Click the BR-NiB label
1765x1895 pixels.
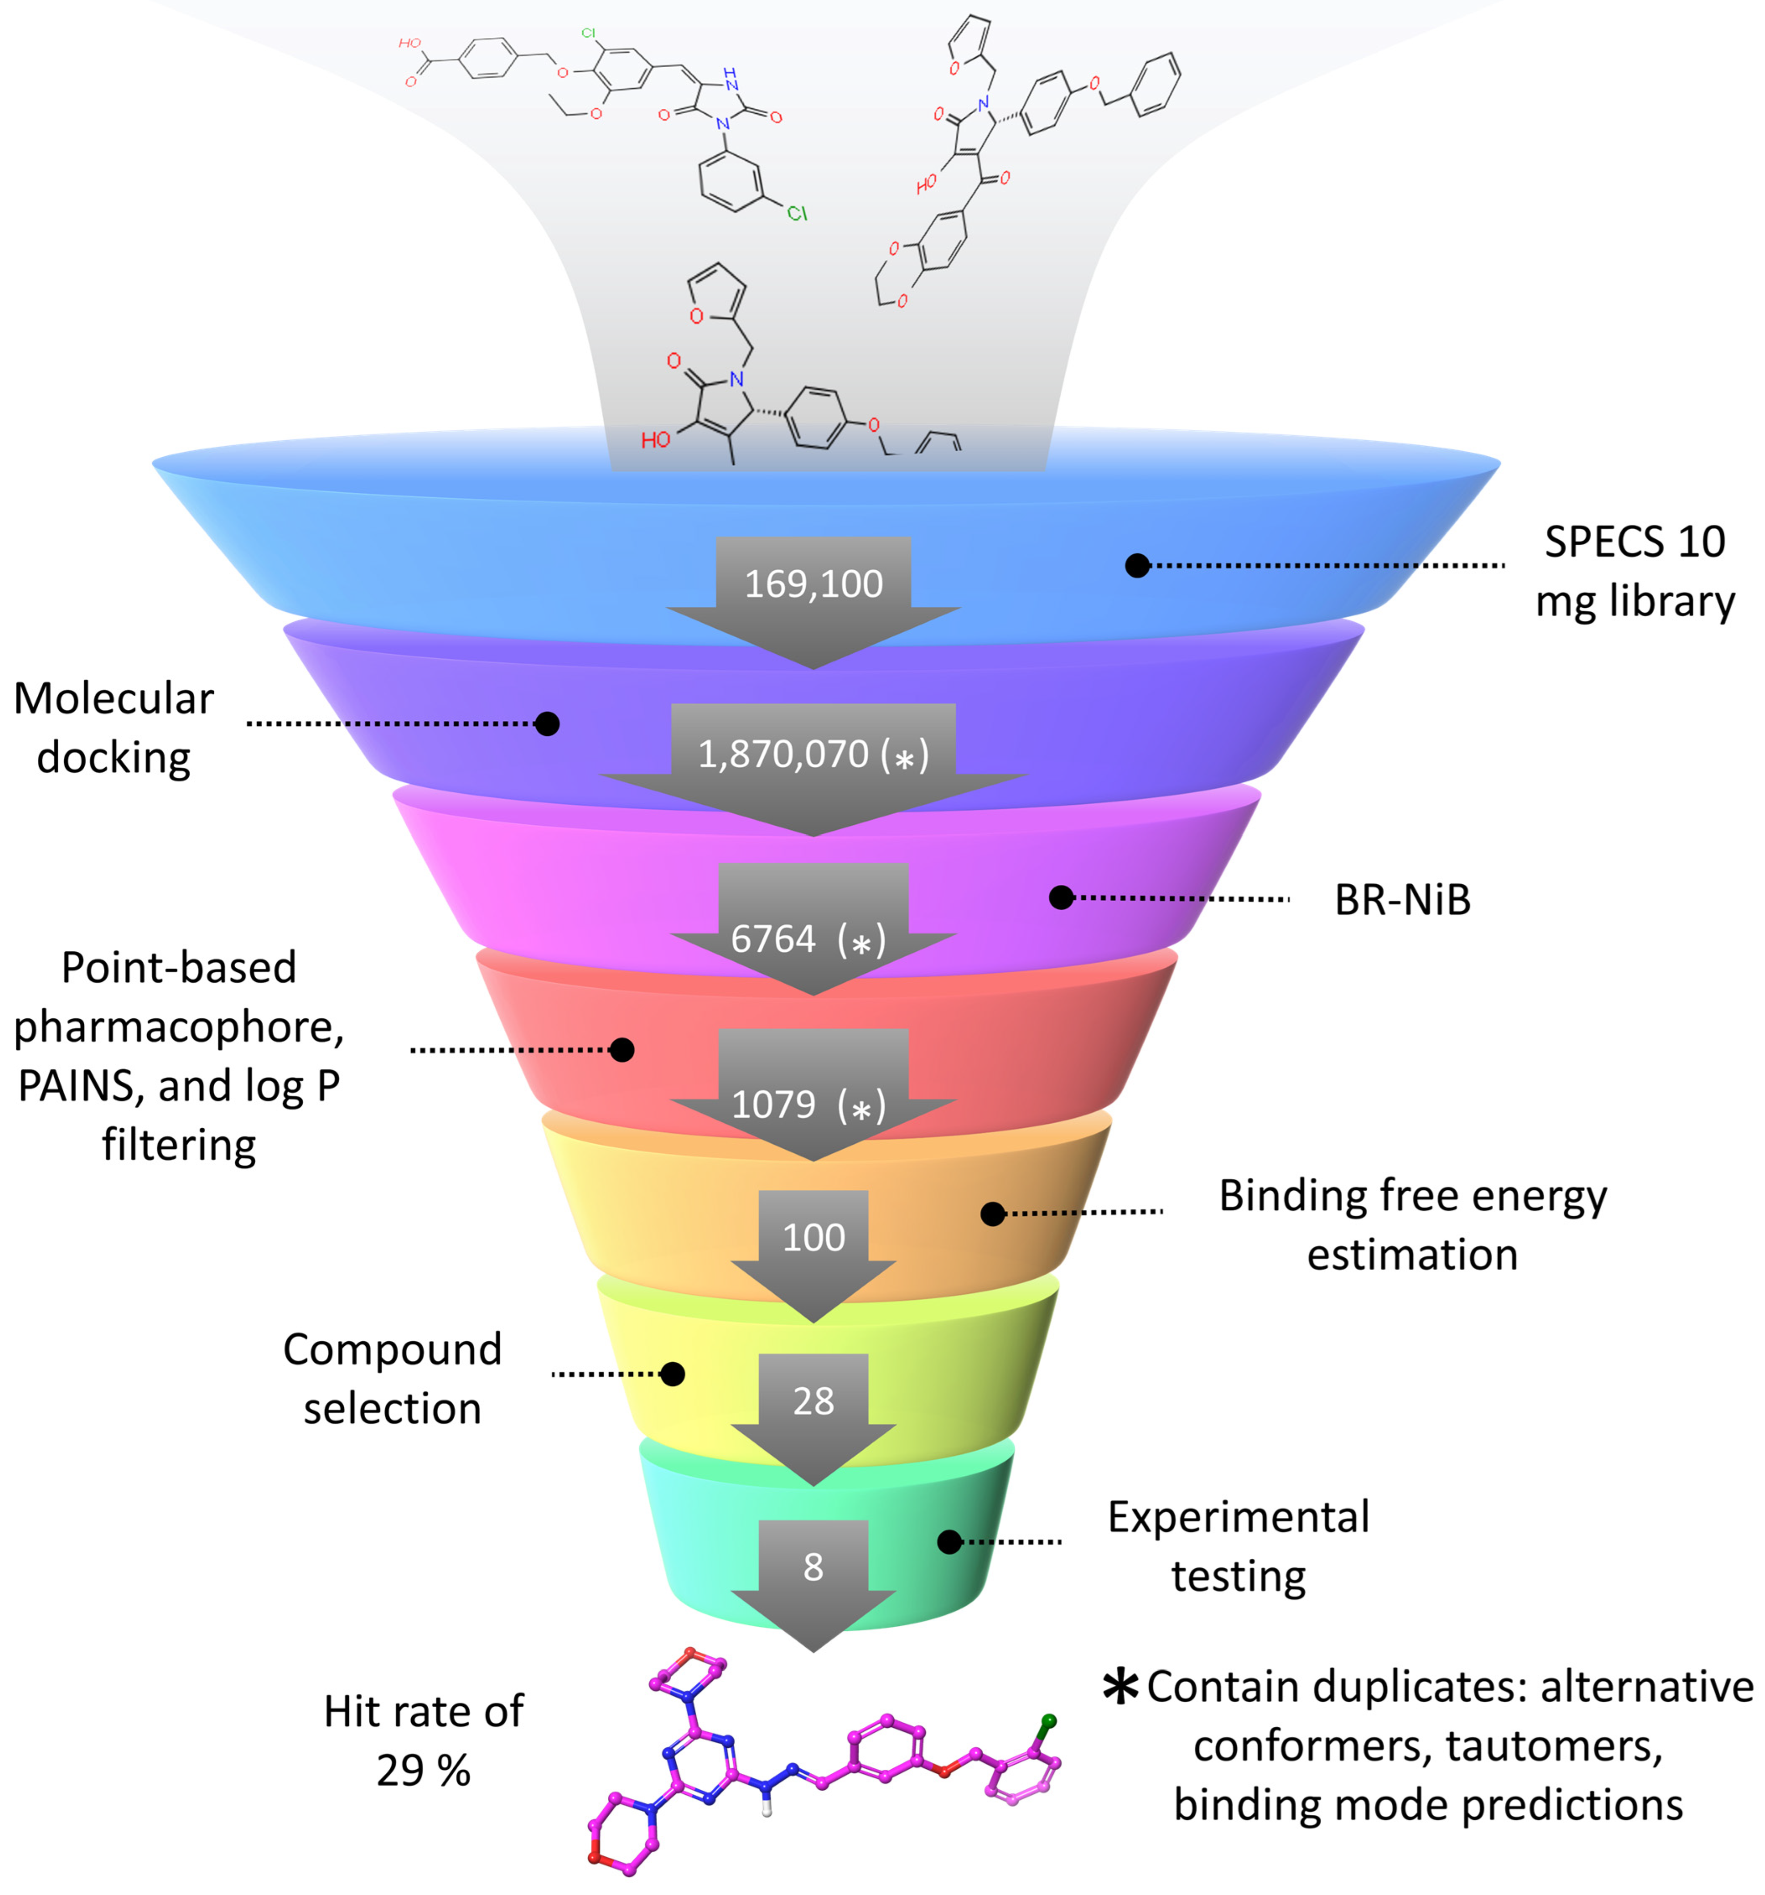tap(1402, 900)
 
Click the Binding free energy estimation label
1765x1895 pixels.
tap(1412, 1225)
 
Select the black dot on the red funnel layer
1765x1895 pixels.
tap(621, 1050)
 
